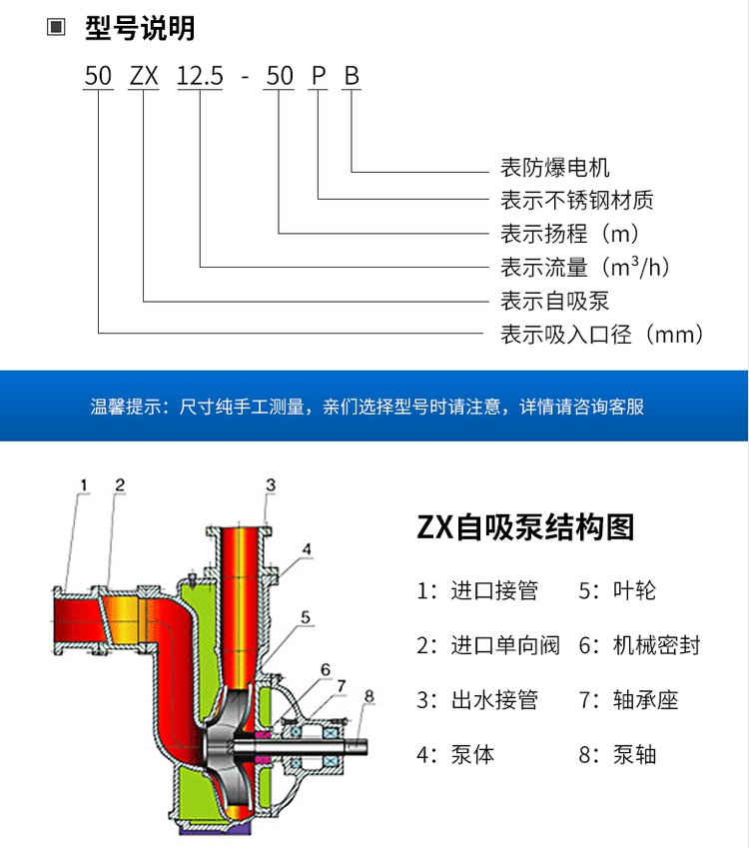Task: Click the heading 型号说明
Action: click(x=140, y=28)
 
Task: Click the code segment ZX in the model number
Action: click(x=144, y=75)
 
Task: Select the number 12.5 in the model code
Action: click(x=200, y=75)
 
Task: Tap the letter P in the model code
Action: click(x=318, y=75)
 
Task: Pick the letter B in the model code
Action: click(x=352, y=75)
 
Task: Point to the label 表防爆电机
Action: click(x=554, y=168)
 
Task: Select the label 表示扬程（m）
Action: click(x=569, y=234)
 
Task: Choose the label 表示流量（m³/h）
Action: click(x=584, y=267)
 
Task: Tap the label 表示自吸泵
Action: click(x=554, y=301)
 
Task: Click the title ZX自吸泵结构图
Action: click(x=525, y=526)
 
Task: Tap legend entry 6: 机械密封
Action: click(x=639, y=645)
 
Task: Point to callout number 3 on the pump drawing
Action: click(x=270, y=485)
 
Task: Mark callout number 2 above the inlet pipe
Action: click(x=119, y=485)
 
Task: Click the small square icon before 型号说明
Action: click(x=56, y=28)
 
